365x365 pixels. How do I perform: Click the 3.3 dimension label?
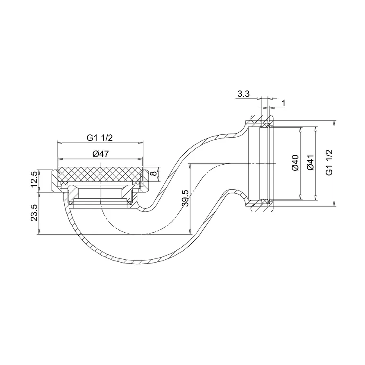click(x=243, y=94)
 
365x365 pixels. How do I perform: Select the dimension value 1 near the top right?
click(x=283, y=103)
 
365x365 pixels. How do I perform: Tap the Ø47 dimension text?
click(x=100, y=154)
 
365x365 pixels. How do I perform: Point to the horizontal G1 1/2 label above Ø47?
click(x=100, y=138)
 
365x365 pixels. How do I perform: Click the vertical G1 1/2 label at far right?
click(x=329, y=163)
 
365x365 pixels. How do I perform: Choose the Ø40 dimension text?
click(x=295, y=163)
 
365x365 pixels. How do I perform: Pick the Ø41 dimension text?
click(x=311, y=163)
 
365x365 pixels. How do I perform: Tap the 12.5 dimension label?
click(x=34, y=179)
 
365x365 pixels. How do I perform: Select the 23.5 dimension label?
click(x=34, y=213)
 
